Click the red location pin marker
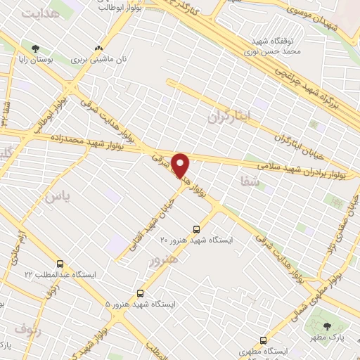[x=181, y=166]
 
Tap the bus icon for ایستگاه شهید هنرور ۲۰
[x=196, y=229]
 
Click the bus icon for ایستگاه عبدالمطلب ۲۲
[x=60, y=264]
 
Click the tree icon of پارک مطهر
[x=328, y=326]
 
